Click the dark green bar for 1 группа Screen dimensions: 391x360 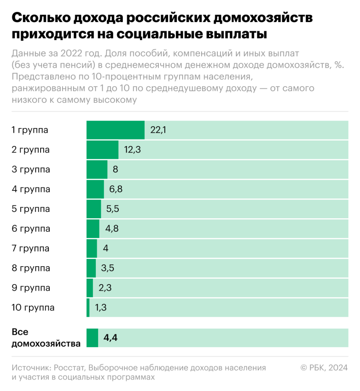click(116, 130)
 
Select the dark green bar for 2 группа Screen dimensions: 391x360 click(102, 150)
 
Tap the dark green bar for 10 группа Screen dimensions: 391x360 click(88, 308)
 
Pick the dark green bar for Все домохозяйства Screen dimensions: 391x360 click(92, 338)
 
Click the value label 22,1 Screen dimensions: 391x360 click(158, 130)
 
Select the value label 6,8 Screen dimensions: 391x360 click(116, 189)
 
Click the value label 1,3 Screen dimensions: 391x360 click(101, 308)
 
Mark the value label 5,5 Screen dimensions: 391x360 click(113, 209)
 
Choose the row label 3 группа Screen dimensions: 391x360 click(30, 169)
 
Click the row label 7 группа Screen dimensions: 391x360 click(30, 249)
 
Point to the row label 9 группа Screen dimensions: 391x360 click(30, 288)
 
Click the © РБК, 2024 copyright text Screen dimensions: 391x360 click(324, 368)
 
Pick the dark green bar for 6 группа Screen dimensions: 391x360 click(93, 229)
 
